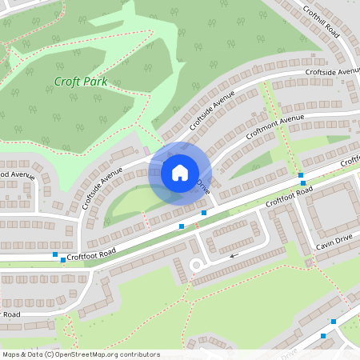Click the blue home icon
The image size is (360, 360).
tap(180, 172)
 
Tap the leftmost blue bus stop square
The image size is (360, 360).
tap(55, 255)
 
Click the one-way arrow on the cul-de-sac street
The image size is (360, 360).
tap(234, 256)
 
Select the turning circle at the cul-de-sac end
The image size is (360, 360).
tap(195, 265)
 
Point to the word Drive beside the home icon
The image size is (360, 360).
tap(203, 189)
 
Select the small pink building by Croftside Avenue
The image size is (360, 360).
tap(146, 149)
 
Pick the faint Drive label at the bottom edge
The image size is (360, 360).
tap(290, 351)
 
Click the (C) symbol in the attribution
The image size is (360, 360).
tap(50, 354)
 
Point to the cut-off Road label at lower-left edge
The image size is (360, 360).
tap(10, 314)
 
